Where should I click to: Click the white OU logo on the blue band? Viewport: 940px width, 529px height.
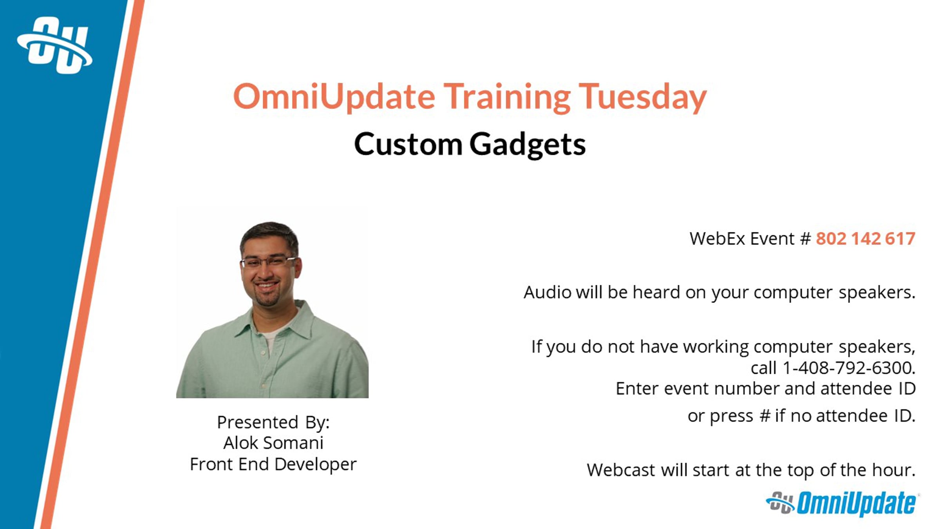(x=55, y=45)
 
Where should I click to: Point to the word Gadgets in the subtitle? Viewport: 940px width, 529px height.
(x=528, y=145)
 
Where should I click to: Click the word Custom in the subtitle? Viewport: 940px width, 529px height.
(x=408, y=144)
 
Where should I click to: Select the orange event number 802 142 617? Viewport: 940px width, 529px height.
(x=866, y=239)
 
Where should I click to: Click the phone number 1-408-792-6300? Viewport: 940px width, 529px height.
(x=848, y=368)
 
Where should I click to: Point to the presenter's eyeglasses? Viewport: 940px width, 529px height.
(x=268, y=262)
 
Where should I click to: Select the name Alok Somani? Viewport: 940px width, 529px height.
(x=273, y=443)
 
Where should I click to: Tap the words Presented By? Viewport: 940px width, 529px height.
(x=273, y=422)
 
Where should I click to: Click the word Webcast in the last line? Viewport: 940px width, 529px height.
(x=621, y=470)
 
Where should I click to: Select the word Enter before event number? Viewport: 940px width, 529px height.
(x=637, y=389)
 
